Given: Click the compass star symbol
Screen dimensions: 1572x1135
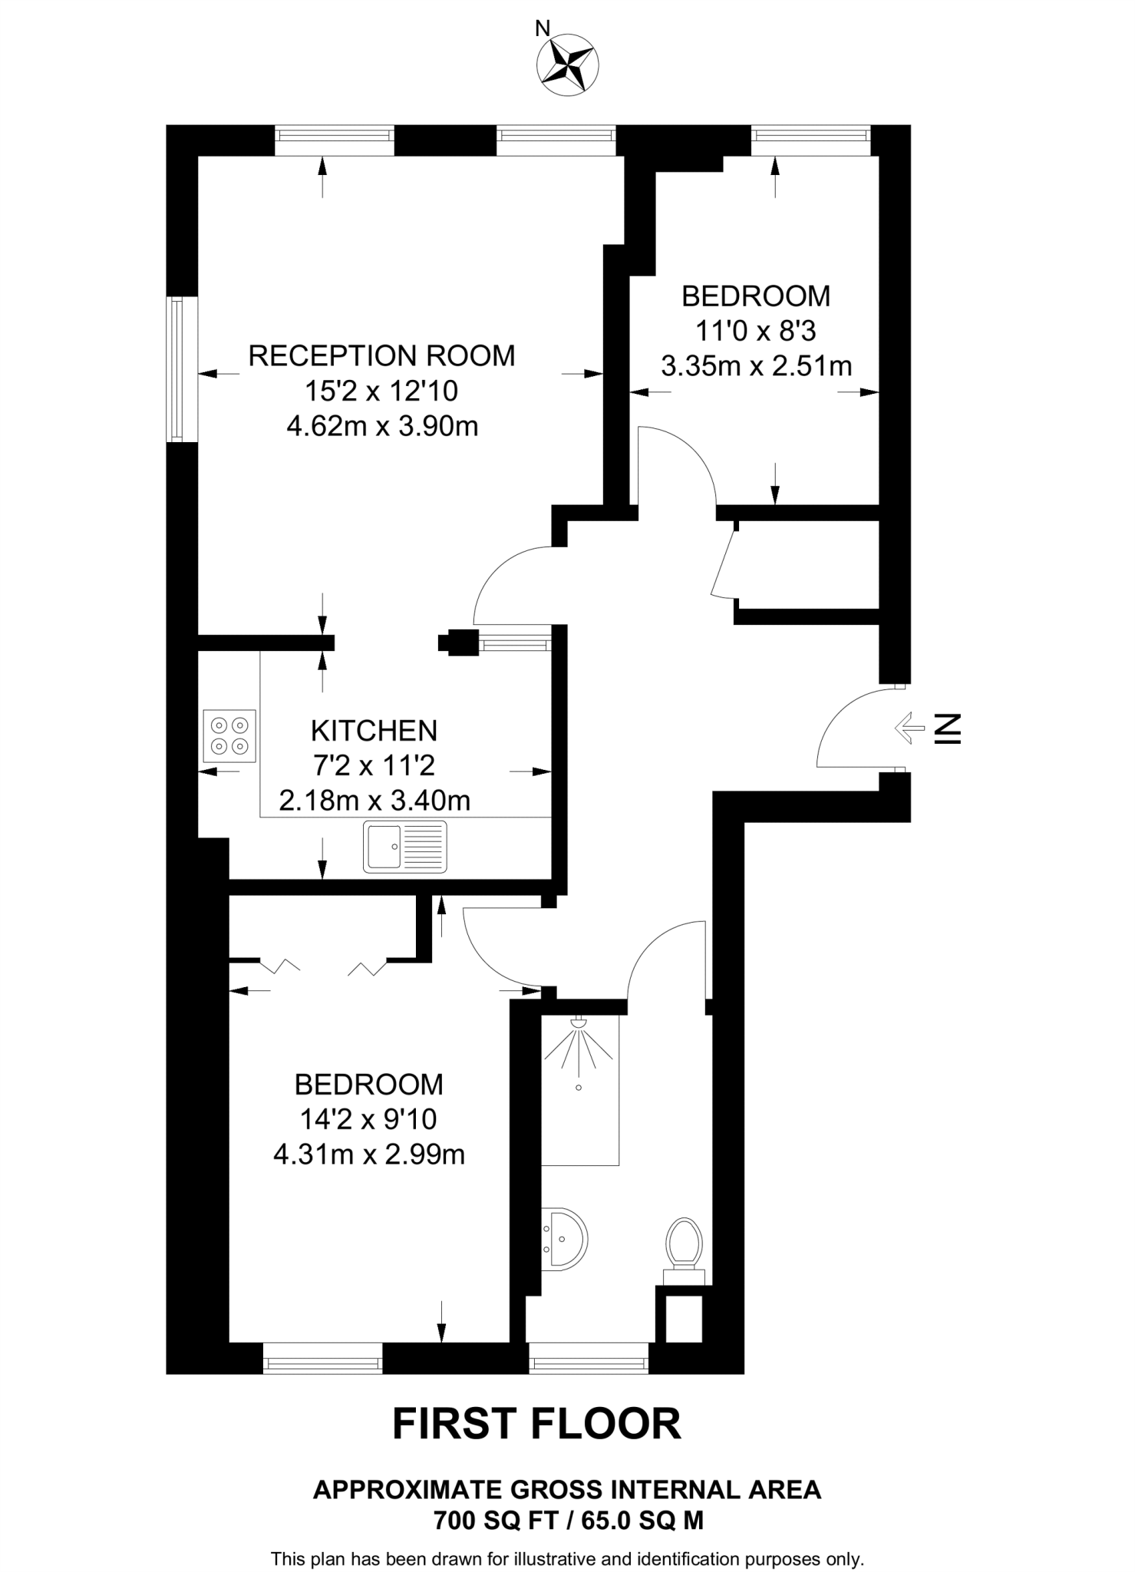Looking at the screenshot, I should click(569, 66).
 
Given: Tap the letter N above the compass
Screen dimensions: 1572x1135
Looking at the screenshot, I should click(542, 29).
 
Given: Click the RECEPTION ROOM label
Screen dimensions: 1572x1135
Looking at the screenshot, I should click(381, 356).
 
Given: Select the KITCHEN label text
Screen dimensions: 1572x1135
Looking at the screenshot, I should click(374, 731).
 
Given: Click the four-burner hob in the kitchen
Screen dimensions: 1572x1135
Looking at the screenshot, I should click(229, 735).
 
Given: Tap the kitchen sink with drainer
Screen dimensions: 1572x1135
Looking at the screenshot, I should click(405, 847).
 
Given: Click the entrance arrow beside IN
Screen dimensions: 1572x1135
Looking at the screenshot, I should click(910, 727).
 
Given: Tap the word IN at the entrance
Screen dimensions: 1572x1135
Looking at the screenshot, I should click(948, 728).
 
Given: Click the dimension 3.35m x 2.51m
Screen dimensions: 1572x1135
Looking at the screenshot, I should click(756, 366).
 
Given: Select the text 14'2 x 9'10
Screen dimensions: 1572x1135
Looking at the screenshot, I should click(368, 1119).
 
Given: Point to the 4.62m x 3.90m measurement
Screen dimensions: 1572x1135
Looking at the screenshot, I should click(382, 426).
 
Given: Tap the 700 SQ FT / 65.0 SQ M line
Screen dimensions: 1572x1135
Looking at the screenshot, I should click(568, 1520).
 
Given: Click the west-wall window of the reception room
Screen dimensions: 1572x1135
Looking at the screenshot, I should click(177, 369).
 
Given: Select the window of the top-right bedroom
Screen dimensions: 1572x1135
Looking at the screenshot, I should click(811, 135).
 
